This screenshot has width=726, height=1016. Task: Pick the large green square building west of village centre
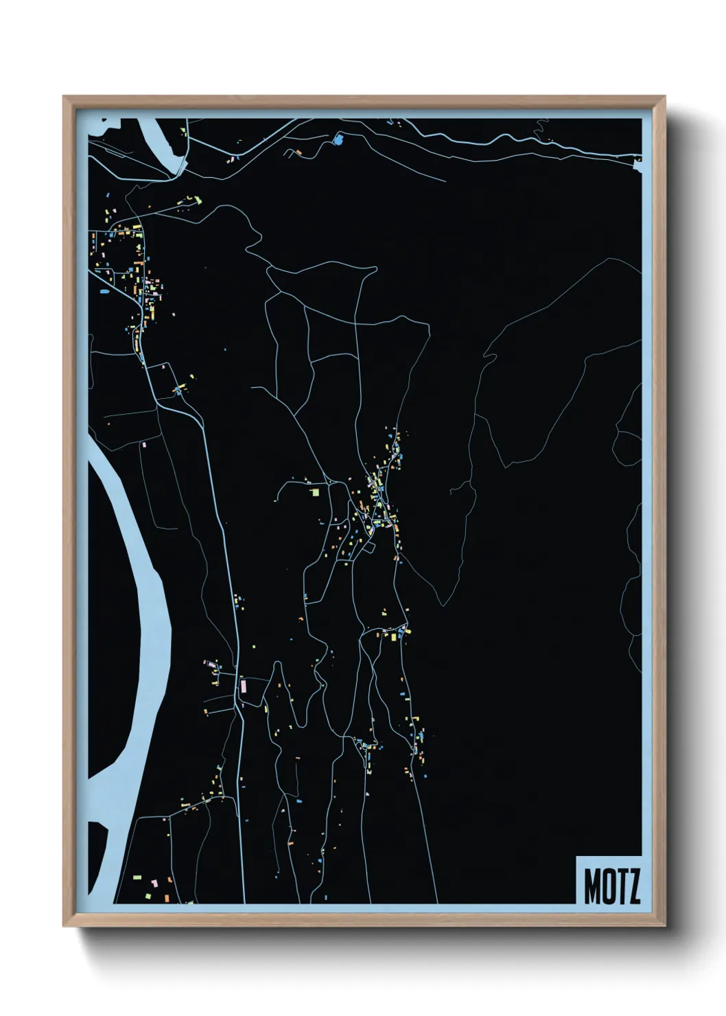(315, 492)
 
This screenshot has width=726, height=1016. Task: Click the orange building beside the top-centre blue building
(298, 150)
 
